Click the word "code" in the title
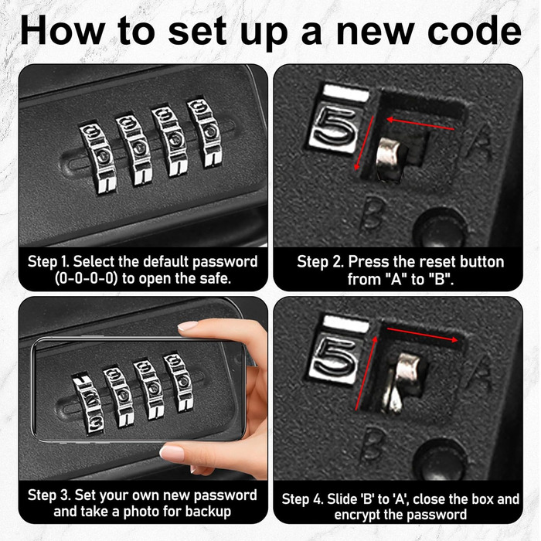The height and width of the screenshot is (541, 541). click(475, 30)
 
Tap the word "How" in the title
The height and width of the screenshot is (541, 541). click(62, 30)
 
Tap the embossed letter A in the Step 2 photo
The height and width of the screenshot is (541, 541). click(480, 143)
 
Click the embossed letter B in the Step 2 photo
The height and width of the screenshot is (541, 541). click(372, 213)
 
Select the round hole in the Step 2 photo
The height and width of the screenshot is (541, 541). click(440, 228)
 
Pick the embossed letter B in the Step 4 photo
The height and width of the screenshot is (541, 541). click(373, 445)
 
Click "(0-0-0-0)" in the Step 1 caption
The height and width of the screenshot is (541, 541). click(85, 278)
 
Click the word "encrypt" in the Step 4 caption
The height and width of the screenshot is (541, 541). click(357, 515)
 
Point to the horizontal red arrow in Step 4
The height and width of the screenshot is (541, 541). click(422, 335)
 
